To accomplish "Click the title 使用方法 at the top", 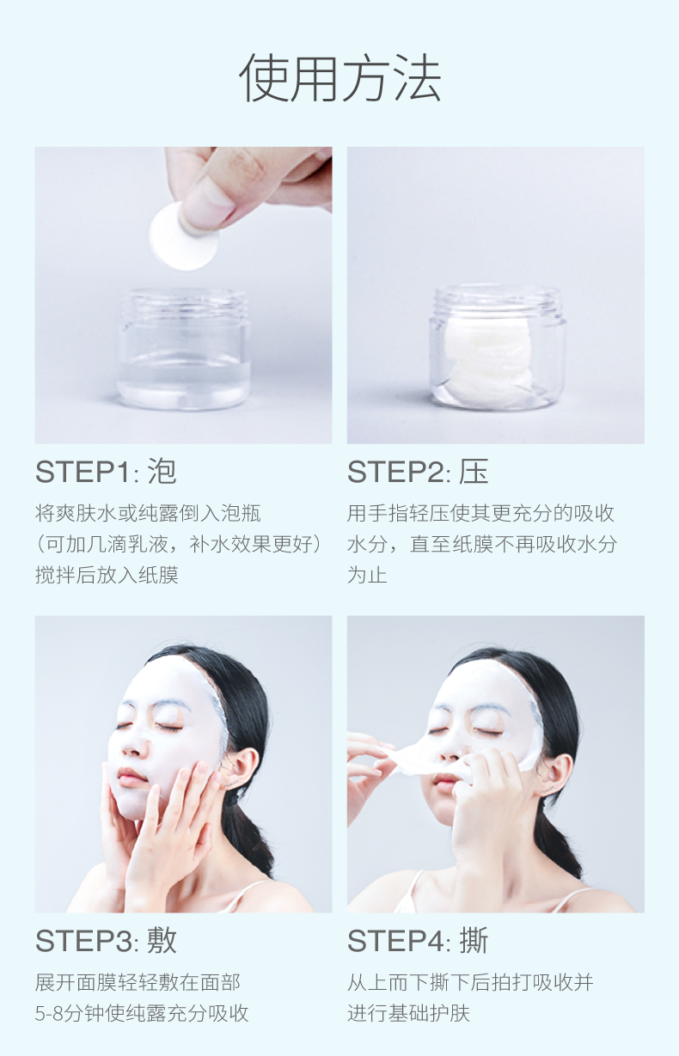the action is [x=340, y=78].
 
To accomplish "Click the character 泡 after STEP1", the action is [x=162, y=472].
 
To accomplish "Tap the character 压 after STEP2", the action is [x=474, y=472].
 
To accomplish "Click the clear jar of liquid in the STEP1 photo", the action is [x=184, y=349].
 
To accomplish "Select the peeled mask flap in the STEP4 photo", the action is [x=415, y=760].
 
